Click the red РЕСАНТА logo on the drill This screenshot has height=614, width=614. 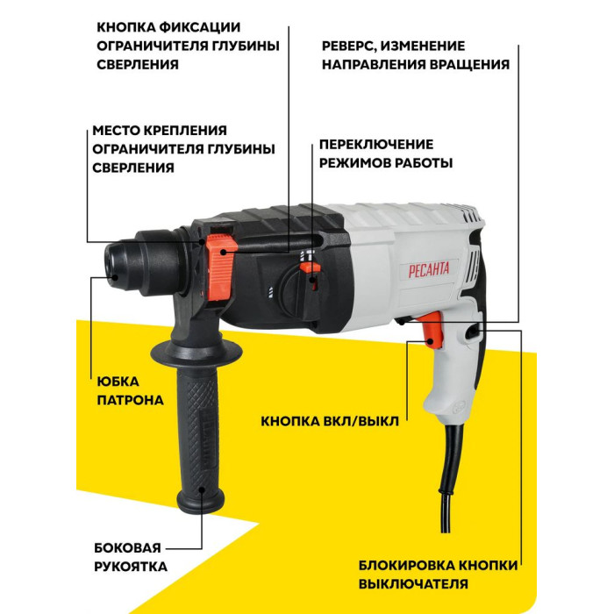click(429, 270)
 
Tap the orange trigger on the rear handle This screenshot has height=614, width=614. click(432, 330)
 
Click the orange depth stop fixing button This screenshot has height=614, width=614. click(222, 268)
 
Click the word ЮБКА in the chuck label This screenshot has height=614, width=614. click(118, 382)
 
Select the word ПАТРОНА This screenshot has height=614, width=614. click(131, 400)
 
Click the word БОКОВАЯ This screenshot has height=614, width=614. click(128, 548)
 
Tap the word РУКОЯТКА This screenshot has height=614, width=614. click(131, 567)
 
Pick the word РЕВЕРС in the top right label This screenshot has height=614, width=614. click(348, 46)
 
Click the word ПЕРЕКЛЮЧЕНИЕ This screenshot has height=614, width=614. click(376, 145)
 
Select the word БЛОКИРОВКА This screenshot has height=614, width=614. click(407, 566)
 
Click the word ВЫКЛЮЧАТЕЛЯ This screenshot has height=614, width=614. click(413, 584)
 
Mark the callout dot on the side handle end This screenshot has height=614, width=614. click(203, 489)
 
